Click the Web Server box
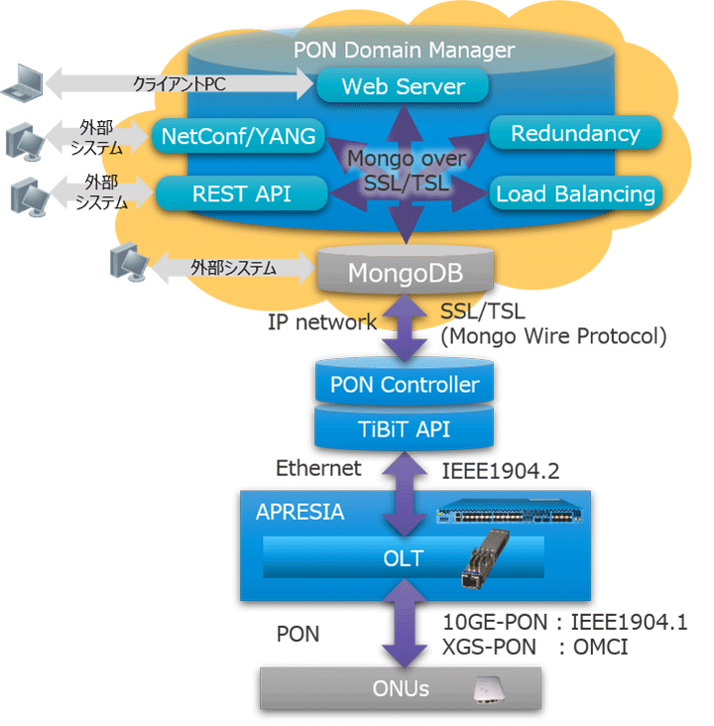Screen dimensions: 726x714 pyautogui.click(x=403, y=87)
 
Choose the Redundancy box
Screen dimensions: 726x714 pyautogui.click(x=575, y=134)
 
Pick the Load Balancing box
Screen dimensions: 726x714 pyautogui.click(x=575, y=193)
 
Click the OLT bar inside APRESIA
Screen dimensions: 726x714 pyautogui.click(x=403, y=558)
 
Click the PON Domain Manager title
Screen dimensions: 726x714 pyautogui.click(x=404, y=50)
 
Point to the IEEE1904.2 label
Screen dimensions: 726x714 pyautogui.click(x=494, y=469)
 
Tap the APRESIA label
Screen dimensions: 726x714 pyautogui.click(x=300, y=513)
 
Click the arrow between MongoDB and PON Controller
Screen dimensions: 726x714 pyautogui.click(x=406, y=326)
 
